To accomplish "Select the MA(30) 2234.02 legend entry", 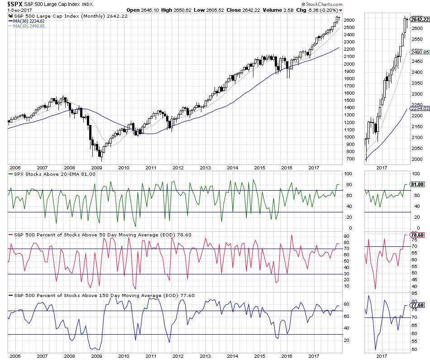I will [x=28, y=20].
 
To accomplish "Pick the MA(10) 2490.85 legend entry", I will [x=28, y=25].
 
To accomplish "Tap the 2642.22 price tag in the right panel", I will [x=419, y=19].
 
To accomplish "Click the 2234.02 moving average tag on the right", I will [x=419, y=108].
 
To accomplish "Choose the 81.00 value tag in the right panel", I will [x=417, y=185].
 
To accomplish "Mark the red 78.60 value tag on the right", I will [x=417, y=235].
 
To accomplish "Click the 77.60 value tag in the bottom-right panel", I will [x=417, y=306].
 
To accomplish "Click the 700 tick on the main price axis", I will [x=350, y=159].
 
